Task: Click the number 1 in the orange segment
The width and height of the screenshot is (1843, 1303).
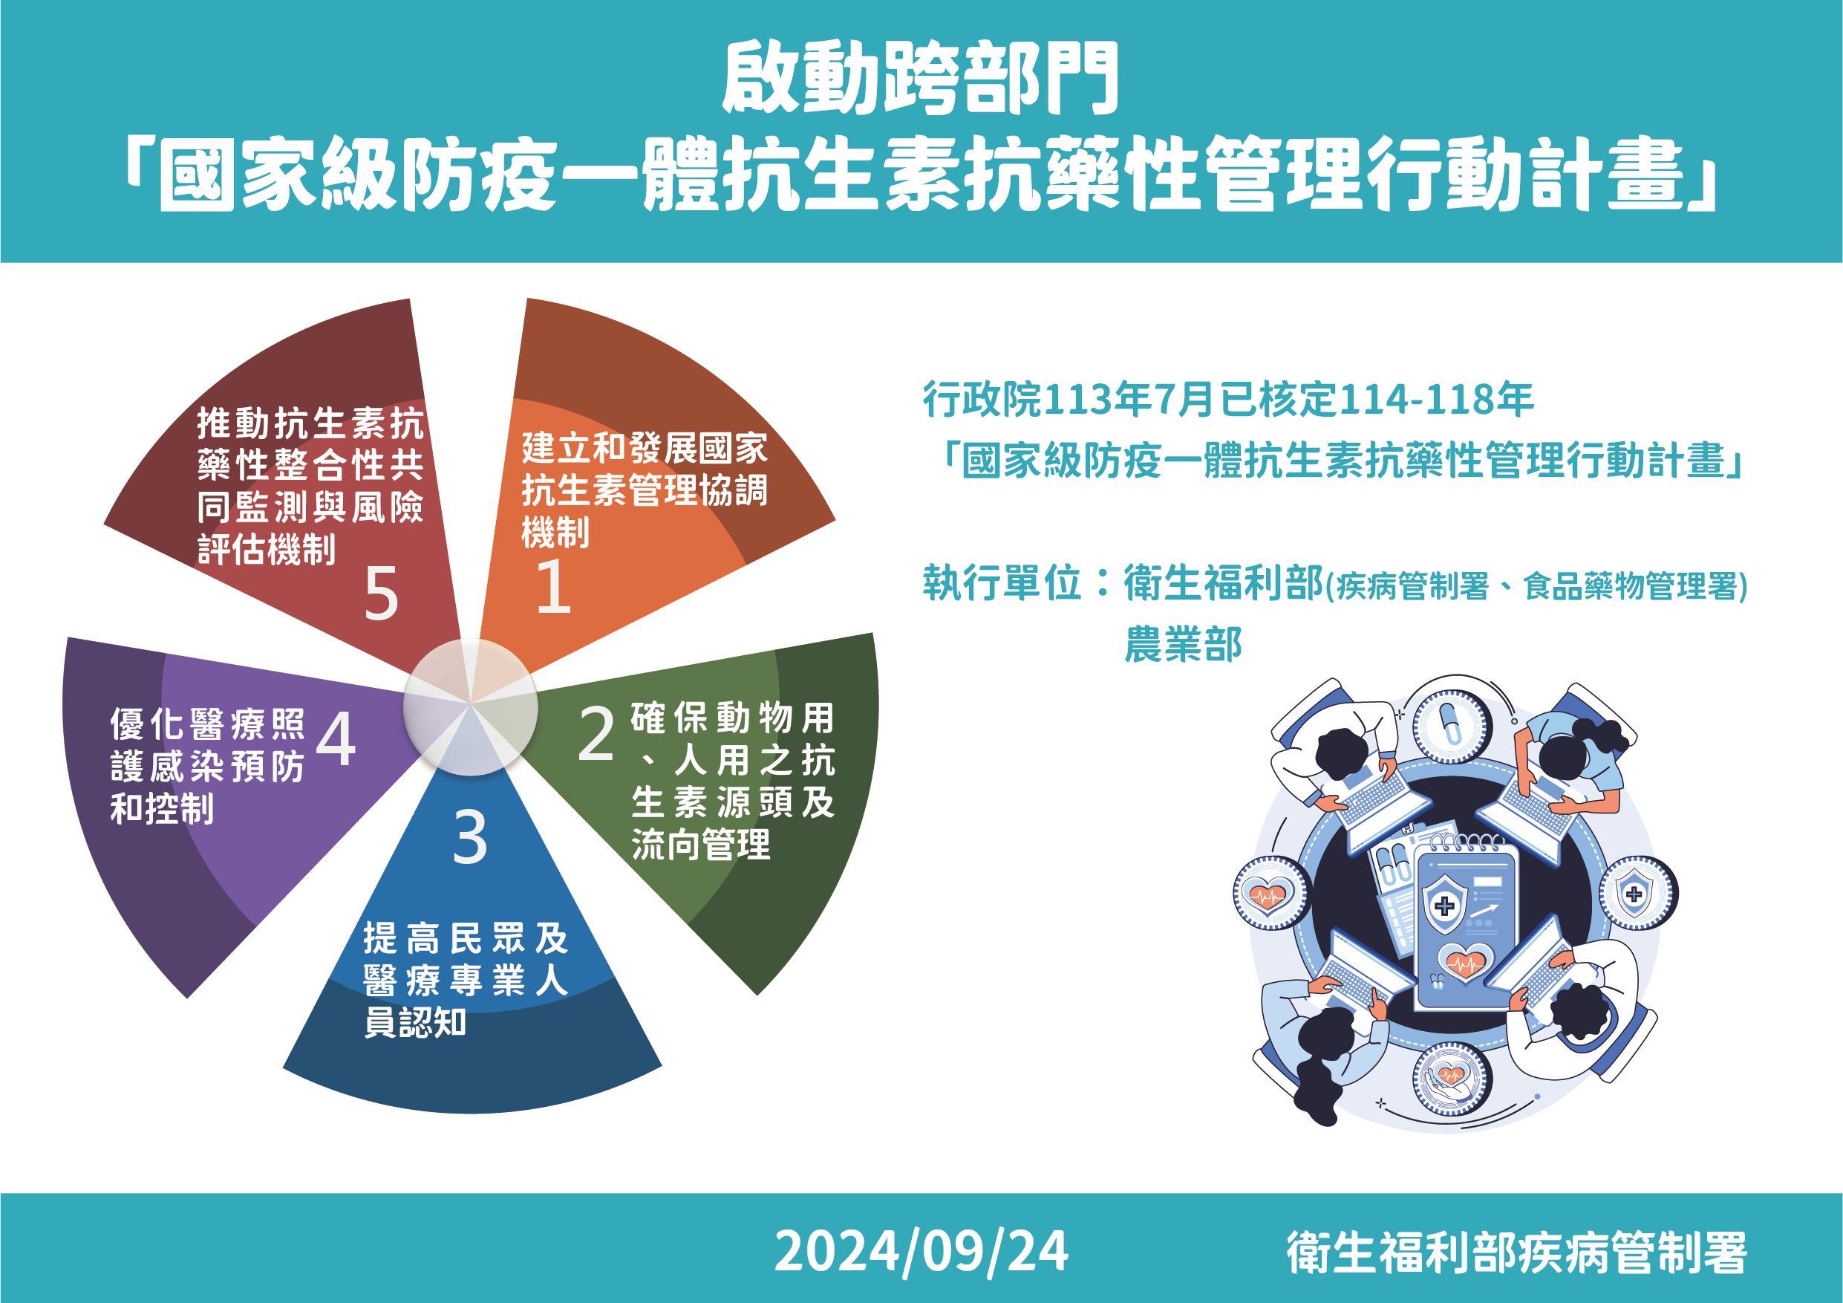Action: pyautogui.click(x=553, y=586)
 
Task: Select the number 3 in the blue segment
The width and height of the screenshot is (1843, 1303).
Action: pyautogui.click(x=469, y=837)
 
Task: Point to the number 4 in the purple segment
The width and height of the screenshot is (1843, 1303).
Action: pyautogui.click(x=336, y=738)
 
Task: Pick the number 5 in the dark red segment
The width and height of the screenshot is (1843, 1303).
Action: pyautogui.click(x=380, y=594)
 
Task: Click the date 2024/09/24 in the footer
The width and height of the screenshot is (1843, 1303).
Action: pyautogui.click(x=921, y=1252)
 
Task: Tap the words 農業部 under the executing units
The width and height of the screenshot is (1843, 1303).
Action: pyautogui.click(x=1183, y=645)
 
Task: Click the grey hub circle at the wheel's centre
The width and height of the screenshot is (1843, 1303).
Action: pyautogui.click(x=470, y=707)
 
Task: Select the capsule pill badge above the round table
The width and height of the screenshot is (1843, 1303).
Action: pyautogui.click(x=1449, y=727)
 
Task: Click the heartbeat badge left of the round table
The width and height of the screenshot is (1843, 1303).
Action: pyautogui.click(x=1268, y=894)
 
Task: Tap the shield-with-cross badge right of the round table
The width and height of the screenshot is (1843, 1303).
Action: pyautogui.click(x=1635, y=893)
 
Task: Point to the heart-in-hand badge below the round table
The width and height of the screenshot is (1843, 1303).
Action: pyautogui.click(x=1449, y=1078)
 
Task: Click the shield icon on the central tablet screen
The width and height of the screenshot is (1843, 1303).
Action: pyautogui.click(x=1444, y=906)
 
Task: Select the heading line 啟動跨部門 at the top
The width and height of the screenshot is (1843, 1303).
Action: pyautogui.click(x=921, y=79)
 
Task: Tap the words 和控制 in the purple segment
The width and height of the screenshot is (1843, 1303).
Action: pyautogui.click(x=162, y=808)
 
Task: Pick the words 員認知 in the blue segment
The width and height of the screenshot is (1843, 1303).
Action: pyautogui.click(x=415, y=1022)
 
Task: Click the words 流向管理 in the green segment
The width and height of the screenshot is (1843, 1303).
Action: pyautogui.click(x=701, y=845)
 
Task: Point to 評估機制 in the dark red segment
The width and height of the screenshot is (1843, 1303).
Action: pyautogui.click(x=267, y=550)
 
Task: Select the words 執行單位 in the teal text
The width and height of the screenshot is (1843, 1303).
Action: pyautogui.click(x=1002, y=583)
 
